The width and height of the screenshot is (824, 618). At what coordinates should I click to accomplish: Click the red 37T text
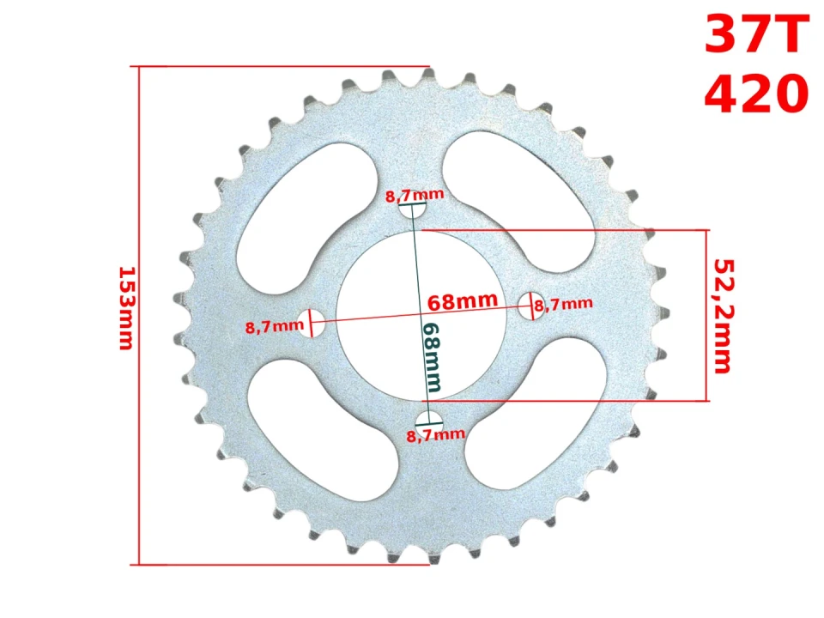tap(756, 36)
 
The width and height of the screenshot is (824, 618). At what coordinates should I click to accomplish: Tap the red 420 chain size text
tap(756, 94)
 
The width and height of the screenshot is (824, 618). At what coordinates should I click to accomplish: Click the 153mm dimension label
tap(125, 308)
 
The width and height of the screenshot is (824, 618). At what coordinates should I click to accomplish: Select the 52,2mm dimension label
tap(722, 316)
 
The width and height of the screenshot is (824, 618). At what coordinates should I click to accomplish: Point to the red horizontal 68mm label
tap(463, 301)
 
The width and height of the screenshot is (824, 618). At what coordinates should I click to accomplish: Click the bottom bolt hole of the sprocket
tap(427, 419)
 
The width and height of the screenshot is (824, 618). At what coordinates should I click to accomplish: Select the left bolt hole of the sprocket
tap(311, 323)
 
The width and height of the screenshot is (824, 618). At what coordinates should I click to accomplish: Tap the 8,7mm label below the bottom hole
tap(436, 434)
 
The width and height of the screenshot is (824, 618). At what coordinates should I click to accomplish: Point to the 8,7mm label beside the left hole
tap(274, 326)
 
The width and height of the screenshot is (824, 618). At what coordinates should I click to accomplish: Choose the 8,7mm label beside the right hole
tap(564, 303)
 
